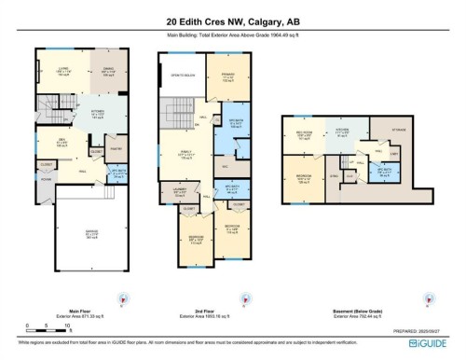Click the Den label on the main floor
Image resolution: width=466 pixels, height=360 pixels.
click(61, 142)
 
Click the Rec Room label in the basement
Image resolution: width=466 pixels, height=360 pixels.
click(300, 134)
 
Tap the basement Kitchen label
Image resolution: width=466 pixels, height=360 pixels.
click(341, 131)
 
